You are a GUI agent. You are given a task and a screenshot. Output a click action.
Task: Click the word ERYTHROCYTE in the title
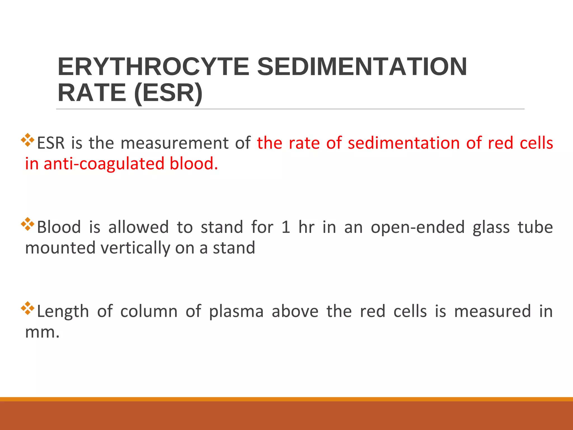153,67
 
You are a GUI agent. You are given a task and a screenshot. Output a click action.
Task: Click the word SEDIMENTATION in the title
362,67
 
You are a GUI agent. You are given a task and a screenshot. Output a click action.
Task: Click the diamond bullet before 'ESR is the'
28,140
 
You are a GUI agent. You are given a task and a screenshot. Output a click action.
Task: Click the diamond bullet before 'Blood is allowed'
28,224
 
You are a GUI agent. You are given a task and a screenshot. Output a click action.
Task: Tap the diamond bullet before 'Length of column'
28,308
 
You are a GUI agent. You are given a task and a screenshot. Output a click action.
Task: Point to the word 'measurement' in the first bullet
175,143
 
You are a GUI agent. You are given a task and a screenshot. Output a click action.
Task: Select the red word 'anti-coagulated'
104,164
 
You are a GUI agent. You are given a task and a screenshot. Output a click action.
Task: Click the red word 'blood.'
194,164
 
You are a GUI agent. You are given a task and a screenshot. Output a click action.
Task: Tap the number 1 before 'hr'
286,227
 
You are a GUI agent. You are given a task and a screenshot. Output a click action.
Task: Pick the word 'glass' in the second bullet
491,227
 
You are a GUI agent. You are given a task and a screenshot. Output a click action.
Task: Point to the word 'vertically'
135,248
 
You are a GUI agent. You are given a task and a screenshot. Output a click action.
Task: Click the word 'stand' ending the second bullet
234,248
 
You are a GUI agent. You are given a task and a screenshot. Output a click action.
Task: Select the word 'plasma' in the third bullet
236,311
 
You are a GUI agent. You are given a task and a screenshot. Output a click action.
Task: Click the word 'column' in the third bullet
149,311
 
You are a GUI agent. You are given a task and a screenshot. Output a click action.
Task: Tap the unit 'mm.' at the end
42,332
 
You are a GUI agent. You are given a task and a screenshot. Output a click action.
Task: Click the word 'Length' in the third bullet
63,311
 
